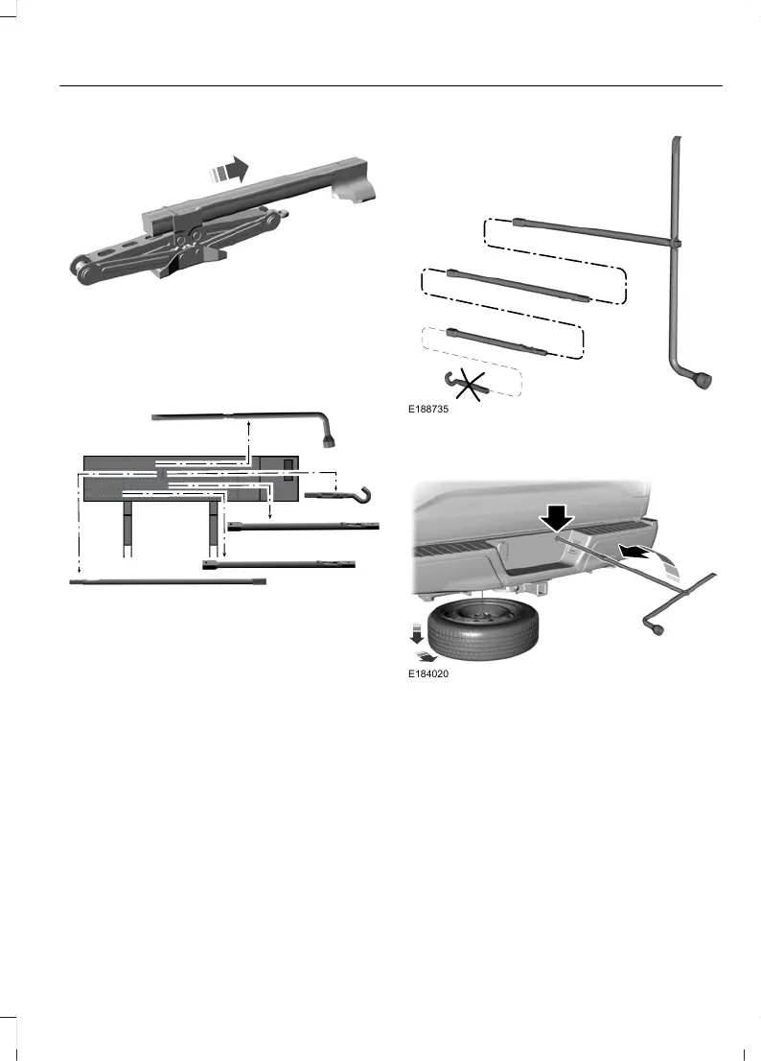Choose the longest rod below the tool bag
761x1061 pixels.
click(168, 581)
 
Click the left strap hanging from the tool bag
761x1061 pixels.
click(125, 530)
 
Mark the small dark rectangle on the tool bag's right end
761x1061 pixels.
click(288, 465)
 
